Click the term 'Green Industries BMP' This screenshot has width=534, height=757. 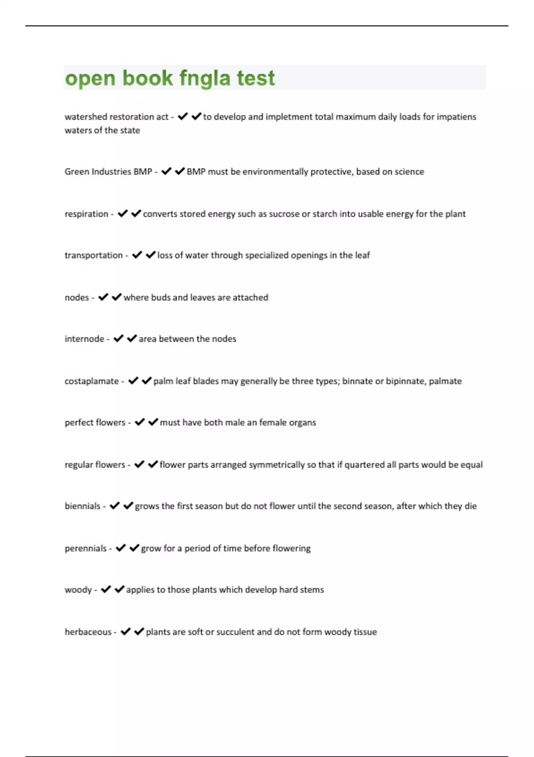pyautogui.click(x=108, y=171)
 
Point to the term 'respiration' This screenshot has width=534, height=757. pyautogui.click(x=86, y=214)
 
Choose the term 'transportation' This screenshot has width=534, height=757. pyautogui.click(x=93, y=255)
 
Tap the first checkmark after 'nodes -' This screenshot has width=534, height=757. pyautogui.click(x=103, y=297)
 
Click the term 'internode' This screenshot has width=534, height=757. pyautogui.click(x=85, y=339)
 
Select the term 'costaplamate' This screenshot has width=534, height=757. pyautogui.click(x=92, y=381)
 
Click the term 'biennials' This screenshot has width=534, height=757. pyautogui.click(x=83, y=506)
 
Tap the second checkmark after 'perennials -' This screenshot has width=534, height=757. pyautogui.click(x=134, y=548)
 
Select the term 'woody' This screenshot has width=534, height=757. pyautogui.click(x=78, y=590)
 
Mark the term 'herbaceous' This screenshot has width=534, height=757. pyautogui.click(x=88, y=632)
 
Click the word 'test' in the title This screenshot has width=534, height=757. pyautogui.click(x=255, y=78)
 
